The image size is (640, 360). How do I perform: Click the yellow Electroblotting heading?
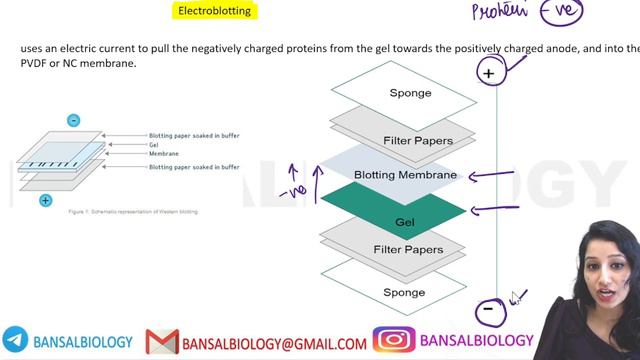214,12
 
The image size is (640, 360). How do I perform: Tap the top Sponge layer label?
409,93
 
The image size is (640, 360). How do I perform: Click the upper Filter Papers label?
418,140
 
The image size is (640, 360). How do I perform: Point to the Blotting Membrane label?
405,175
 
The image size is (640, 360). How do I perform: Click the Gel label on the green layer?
404,221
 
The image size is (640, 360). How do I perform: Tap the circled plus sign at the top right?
489,73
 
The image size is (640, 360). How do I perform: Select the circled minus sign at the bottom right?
488,309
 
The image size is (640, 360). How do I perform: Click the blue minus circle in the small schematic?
73,121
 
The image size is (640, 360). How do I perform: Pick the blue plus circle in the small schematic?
46,201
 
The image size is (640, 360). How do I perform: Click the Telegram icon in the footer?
15,342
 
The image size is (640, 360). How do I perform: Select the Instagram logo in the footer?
394,342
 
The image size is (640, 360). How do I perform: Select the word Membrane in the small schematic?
164,153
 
